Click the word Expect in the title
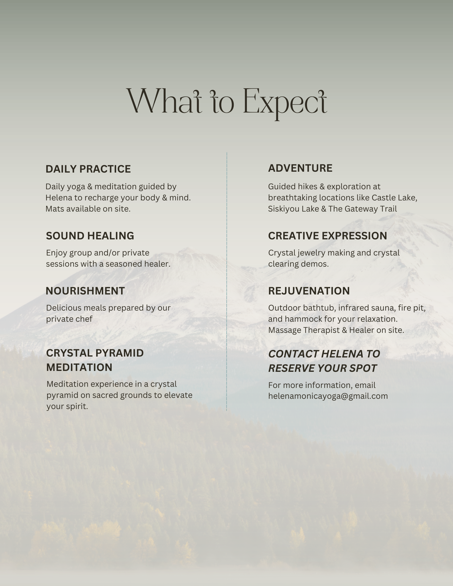point(285,103)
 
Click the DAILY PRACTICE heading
point(88,169)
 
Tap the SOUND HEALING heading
point(90,236)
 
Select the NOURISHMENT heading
point(85,291)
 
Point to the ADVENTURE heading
point(300,168)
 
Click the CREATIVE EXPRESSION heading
point(328,236)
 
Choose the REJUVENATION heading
point(309,291)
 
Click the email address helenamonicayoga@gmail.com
point(328,396)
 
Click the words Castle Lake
point(394,198)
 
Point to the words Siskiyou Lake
point(291,209)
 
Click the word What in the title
point(164,101)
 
